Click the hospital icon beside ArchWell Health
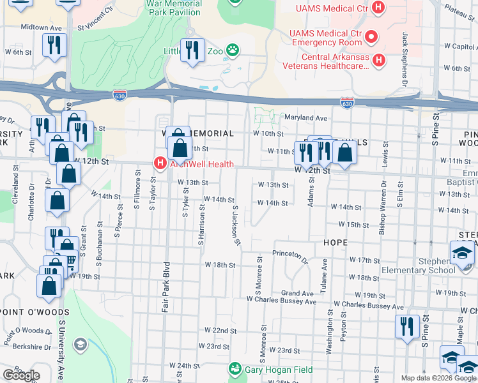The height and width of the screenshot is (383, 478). tap(159, 163)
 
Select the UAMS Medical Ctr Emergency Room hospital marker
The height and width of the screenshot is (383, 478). tap(371, 38)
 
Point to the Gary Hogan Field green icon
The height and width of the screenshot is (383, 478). tap(235, 369)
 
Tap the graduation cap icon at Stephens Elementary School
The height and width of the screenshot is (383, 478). tap(462, 253)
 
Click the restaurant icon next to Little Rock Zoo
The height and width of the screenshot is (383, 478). tap(192, 49)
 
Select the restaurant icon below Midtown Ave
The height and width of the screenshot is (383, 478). tap(53, 45)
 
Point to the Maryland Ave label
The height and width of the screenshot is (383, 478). tap(305, 118)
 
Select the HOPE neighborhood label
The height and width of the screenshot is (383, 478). tap(335, 243)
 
